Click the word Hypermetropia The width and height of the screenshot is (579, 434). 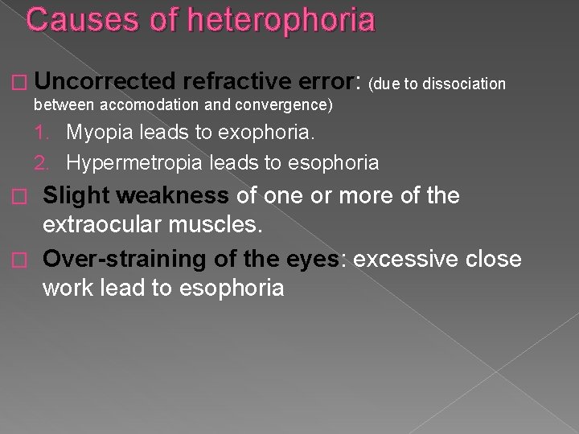(133, 162)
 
